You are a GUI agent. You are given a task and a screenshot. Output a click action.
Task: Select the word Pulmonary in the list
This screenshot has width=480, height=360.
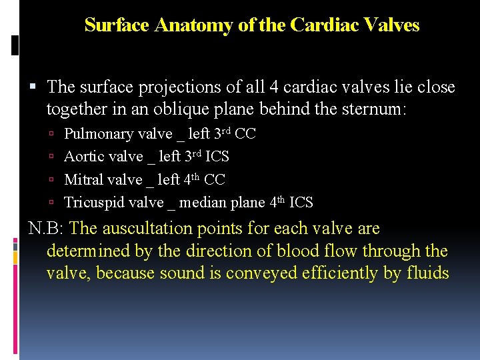98,134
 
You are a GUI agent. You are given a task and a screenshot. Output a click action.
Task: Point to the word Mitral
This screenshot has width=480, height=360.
83,179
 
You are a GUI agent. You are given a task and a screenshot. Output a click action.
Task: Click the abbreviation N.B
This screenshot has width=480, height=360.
45,229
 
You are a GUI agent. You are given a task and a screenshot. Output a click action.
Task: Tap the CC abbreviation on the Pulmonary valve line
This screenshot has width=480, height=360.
245,134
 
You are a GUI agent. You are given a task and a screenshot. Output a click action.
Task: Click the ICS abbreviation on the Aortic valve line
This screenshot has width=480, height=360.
218,157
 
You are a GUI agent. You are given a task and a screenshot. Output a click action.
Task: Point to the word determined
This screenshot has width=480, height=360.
92,251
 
